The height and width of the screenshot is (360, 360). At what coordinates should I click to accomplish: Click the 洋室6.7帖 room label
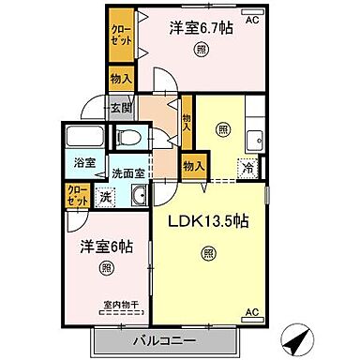pos(201,28)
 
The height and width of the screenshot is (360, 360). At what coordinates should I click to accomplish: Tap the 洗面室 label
pos(128,173)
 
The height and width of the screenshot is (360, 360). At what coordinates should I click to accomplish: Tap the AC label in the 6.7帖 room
pos(252,18)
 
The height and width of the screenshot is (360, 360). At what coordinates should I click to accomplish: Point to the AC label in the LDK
pos(251,311)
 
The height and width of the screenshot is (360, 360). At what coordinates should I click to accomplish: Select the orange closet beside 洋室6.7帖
pos(120,37)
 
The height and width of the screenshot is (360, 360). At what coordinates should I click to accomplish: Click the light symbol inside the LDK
pos(207,252)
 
